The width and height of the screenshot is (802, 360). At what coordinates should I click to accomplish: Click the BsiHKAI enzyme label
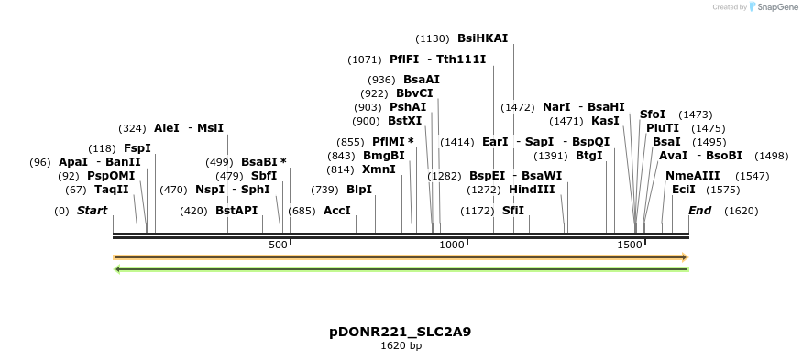point(482,38)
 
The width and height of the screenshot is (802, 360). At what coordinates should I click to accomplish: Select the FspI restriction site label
point(137,147)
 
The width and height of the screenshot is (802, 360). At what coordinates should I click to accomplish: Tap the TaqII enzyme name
point(112,190)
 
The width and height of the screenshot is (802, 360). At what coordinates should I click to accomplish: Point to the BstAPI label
point(236,211)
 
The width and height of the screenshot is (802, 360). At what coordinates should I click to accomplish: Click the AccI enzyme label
point(337,211)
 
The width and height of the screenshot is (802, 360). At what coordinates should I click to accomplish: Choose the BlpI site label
point(359,190)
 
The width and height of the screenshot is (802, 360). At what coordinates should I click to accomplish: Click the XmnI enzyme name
point(379,169)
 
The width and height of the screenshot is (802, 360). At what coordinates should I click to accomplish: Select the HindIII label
point(532,190)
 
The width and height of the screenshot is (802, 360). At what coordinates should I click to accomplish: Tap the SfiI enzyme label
point(513,211)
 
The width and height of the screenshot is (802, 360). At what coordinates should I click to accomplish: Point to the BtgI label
point(589,156)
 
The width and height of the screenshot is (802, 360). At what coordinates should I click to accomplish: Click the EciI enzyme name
point(684,190)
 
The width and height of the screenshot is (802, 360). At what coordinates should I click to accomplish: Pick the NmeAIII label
point(692,175)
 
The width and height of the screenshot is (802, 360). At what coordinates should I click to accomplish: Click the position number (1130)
point(433,38)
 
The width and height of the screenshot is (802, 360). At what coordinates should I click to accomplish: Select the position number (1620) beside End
point(741,211)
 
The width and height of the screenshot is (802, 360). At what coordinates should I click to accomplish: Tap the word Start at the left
point(92,211)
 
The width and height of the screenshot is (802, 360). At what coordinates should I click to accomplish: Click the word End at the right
point(699,211)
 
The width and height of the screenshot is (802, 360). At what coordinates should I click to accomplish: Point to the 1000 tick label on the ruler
point(451,245)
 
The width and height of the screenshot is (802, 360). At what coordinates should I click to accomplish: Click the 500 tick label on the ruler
point(278,245)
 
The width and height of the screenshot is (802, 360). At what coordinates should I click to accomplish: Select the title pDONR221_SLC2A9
point(401,331)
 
